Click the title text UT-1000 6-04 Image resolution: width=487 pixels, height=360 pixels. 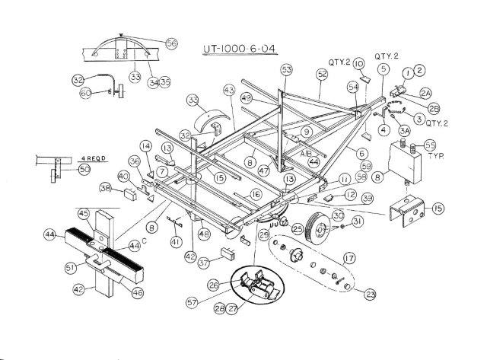pyautogui.click(x=239, y=51)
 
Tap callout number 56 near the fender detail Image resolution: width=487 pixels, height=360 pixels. pyautogui.click(x=171, y=44)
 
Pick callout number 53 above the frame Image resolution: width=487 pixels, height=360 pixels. pyautogui.click(x=286, y=69)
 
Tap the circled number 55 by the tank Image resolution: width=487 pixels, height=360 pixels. pyautogui.click(x=430, y=144)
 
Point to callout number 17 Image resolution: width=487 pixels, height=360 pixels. pyautogui.click(x=350, y=258)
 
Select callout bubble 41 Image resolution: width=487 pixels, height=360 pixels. pyautogui.click(x=177, y=242)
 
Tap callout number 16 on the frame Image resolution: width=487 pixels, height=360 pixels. pyautogui.click(x=256, y=195)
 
